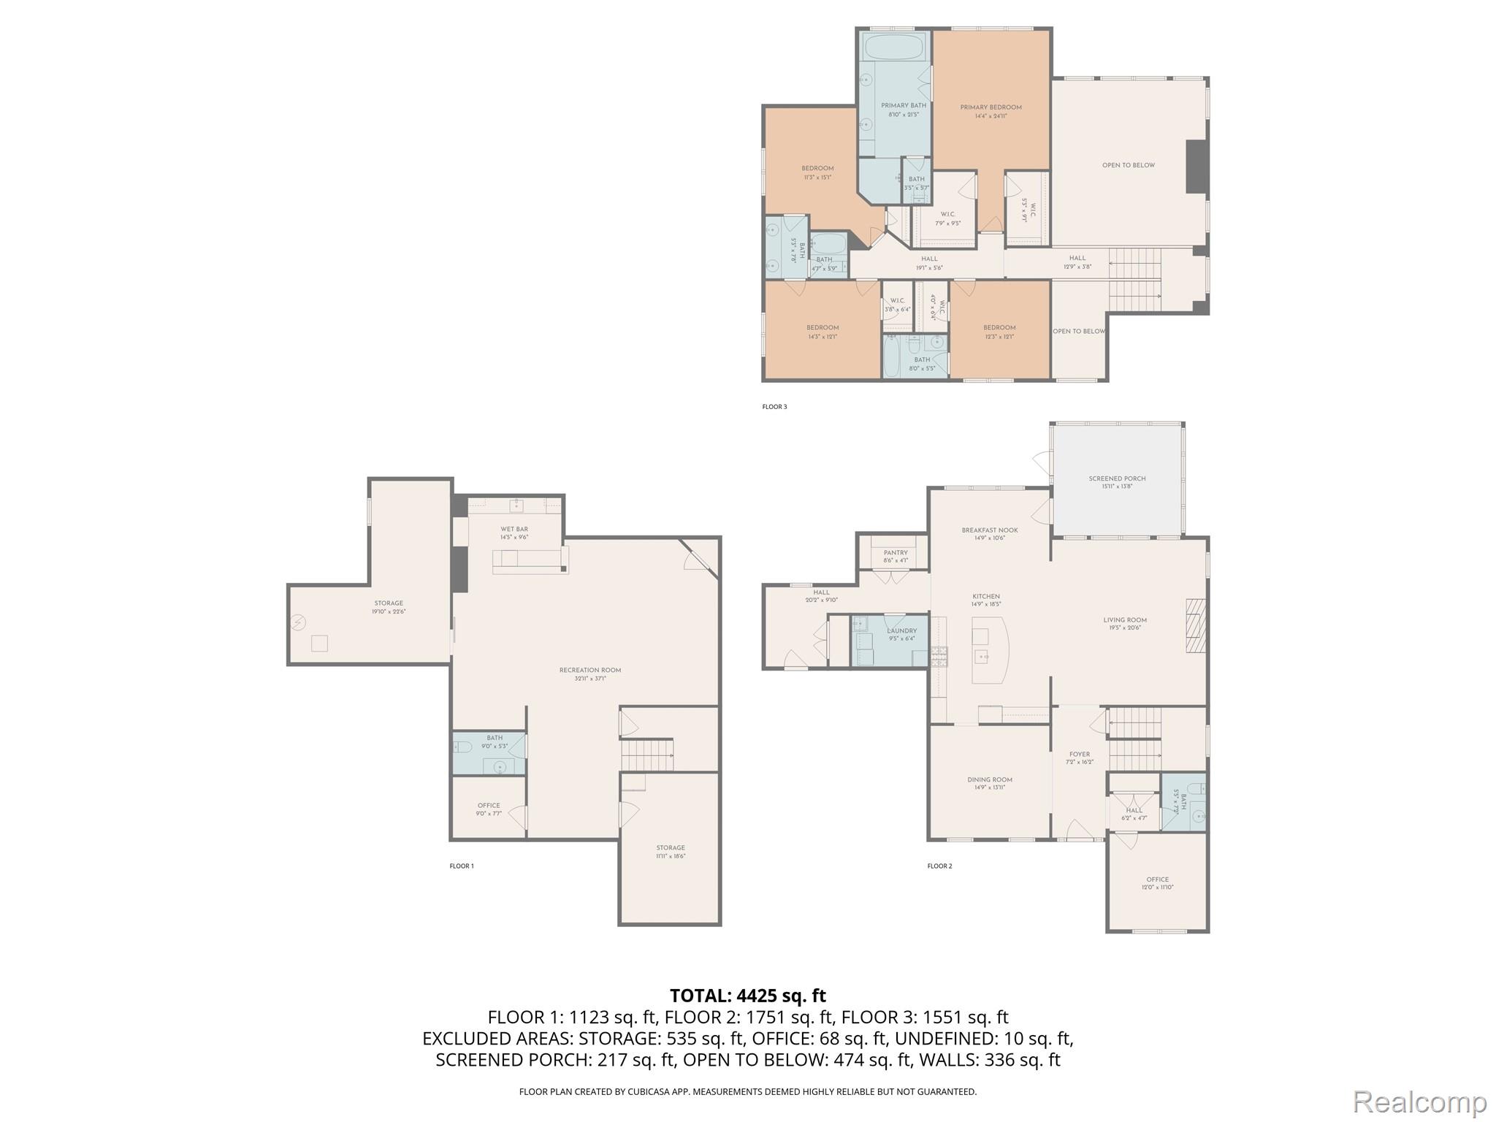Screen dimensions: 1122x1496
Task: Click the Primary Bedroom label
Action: [x=991, y=107]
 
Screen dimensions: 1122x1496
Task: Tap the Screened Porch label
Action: [x=1117, y=479]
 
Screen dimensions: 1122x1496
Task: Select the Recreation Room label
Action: [x=589, y=671]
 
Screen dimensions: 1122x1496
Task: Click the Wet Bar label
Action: [x=514, y=530]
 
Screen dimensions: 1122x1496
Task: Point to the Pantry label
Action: [x=895, y=553]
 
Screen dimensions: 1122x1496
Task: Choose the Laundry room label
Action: [x=901, y=631]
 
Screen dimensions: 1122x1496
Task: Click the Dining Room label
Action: [x=990, y=780]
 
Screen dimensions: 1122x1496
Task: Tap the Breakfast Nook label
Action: [x=990, y=530]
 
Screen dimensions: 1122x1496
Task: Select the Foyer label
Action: [x=1079, y=755]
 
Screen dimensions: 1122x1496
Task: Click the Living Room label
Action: [x=1125, y=620]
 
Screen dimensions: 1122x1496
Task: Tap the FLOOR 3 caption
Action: [x=774, y=407]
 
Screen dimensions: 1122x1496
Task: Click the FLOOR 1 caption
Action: [x=462, y=866]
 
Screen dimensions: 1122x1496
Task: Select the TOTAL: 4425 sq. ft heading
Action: [x=748, y=996]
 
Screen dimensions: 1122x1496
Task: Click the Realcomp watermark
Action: [x=1419, y=1101]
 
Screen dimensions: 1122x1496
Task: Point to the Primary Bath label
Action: [x=903, y=106]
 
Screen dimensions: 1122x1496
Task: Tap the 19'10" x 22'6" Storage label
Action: [x=389, y=604]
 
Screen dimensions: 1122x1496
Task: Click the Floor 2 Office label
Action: [x=1157, y=880]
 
